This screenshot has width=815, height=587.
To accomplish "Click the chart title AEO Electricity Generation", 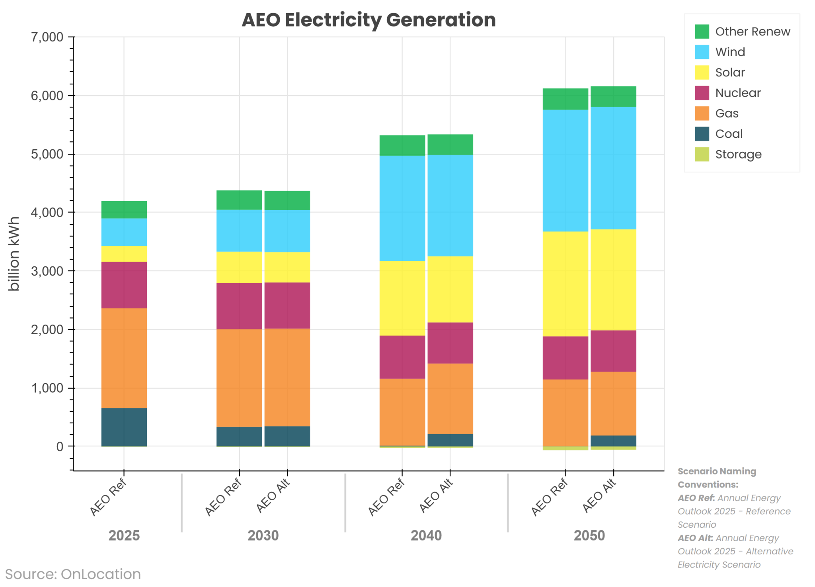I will (369, 20).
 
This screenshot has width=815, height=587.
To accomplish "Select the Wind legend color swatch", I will (702, 52).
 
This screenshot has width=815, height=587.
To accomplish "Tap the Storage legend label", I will (738, 155).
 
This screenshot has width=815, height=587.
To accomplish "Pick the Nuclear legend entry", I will (737, 93).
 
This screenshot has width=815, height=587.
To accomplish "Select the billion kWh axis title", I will (14, 254).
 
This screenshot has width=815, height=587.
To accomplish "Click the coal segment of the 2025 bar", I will (124, 427).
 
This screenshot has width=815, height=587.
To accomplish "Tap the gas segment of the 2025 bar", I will (124, 358).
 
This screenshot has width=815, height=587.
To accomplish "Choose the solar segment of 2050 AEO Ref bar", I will (565, 284).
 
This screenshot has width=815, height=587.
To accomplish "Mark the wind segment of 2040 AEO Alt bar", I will (450, 205).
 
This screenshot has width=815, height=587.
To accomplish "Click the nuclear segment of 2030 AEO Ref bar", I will (239, 306).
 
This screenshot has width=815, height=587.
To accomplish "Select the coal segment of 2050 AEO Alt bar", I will (613, 440).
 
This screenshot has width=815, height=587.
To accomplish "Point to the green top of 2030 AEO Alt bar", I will (287, 200).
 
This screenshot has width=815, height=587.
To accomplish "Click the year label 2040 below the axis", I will (426, 536).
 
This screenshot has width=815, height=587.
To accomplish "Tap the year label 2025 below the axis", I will (124, 536).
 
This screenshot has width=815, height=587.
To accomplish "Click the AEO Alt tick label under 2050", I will (599, 496).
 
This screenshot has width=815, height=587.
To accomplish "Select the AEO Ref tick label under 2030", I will (223, 497).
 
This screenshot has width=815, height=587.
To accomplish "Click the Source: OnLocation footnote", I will (73, 574).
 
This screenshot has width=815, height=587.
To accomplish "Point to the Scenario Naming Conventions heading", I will (716, 478).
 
